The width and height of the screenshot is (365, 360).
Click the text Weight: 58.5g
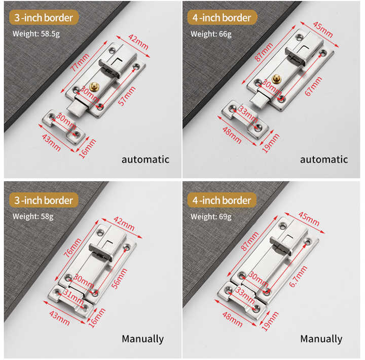coord(36,34)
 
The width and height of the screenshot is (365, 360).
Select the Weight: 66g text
coord(211,34)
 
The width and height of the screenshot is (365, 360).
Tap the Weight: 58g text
coord(33,217)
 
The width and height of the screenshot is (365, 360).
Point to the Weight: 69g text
coord(211,217)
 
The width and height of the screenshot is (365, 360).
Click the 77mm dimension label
coord(80,62)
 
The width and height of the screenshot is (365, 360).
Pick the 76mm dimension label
coord(72,248)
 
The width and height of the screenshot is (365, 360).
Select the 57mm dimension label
coord(127,96)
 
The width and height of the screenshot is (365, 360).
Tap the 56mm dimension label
coord(120,278)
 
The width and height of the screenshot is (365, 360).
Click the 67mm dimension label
coord(313,86)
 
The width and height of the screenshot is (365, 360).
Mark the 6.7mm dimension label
coord(298,276)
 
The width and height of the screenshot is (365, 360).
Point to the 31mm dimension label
coord(74,297)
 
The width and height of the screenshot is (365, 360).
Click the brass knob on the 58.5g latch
coord(94,87)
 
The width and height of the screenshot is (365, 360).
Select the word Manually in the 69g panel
coord(321,339)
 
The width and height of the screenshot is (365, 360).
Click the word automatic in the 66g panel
coord(324,159)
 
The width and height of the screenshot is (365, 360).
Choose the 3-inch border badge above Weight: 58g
coord(44,200)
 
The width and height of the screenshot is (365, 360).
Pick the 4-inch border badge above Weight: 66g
coord(222,17)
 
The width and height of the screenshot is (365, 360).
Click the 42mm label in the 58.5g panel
coord(138,42)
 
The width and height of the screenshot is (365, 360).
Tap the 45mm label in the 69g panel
coord(309,219)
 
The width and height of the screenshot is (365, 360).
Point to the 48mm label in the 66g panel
coord(232,135)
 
